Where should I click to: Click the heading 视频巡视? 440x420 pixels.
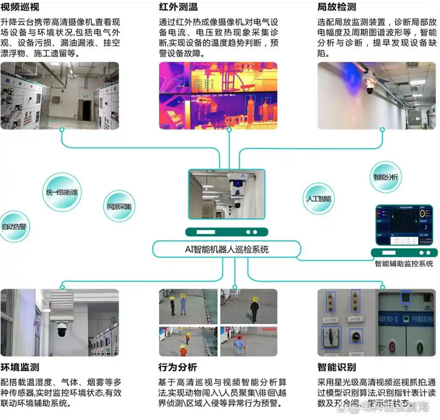point(20,8)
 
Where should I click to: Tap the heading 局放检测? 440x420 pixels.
point(337,8)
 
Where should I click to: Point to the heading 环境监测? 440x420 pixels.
point(20,367)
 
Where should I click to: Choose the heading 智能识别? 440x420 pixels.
point(337,367)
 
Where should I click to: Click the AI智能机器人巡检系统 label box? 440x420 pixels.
point(227,249)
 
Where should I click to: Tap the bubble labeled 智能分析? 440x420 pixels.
point(386,177)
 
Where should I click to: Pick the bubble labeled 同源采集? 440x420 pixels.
point(119,206)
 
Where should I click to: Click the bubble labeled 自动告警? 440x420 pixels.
point(14,227)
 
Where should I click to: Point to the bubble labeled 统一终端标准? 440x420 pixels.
point(62,192)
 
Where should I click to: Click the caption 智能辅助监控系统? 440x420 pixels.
point(404,264)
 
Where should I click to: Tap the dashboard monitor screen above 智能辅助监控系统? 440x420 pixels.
point(404,225)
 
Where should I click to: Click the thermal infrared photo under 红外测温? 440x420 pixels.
point(218,96)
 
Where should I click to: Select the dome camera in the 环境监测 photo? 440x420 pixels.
point(62,329)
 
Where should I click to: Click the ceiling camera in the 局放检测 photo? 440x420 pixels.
point(370,88)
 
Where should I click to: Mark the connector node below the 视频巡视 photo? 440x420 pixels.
point(62,130)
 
